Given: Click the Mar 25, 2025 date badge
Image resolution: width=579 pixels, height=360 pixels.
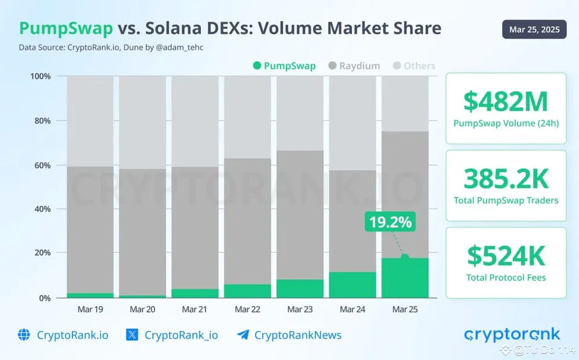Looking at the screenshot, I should (x=534, y=30).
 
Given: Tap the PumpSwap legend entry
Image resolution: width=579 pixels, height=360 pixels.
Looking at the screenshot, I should (x=285, y=66).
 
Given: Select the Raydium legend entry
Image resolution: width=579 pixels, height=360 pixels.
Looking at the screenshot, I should (x=355, y=66).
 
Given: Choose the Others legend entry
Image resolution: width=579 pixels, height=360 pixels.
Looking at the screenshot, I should (x=414, y=66).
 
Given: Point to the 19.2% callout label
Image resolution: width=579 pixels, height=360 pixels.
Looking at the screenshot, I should (x=390, y=222).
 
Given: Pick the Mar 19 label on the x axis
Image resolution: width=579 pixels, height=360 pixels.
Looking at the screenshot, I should (x=90, y=310).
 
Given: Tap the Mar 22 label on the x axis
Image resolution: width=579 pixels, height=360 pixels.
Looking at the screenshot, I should (x=247, y=310).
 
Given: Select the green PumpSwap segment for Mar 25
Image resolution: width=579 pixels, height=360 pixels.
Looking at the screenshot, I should (x=405, y=278).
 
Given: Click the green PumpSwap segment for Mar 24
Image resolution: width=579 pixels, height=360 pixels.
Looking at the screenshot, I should (x=352, y=285).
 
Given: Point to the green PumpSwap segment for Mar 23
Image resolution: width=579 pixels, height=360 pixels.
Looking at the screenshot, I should (x=300, y=288).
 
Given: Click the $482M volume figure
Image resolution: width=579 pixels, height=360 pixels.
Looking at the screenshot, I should (x=505, y=102).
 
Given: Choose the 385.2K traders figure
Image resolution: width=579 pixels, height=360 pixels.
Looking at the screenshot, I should (x=505, y=179).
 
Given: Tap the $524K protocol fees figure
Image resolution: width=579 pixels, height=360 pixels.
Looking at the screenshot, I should (x=505, y=256).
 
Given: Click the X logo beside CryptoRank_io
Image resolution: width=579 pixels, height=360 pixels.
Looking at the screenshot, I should (x=132, y=335).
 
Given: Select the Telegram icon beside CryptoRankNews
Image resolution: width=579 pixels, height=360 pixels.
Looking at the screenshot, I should (x=243, y=335).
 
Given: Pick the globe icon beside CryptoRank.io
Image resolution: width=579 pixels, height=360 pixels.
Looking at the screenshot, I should (x=24, y=335).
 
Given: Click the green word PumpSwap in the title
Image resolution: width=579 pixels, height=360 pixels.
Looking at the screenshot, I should (x=66, y=29).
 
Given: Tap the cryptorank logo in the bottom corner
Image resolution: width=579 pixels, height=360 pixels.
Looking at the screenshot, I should (x=512, y=334).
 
